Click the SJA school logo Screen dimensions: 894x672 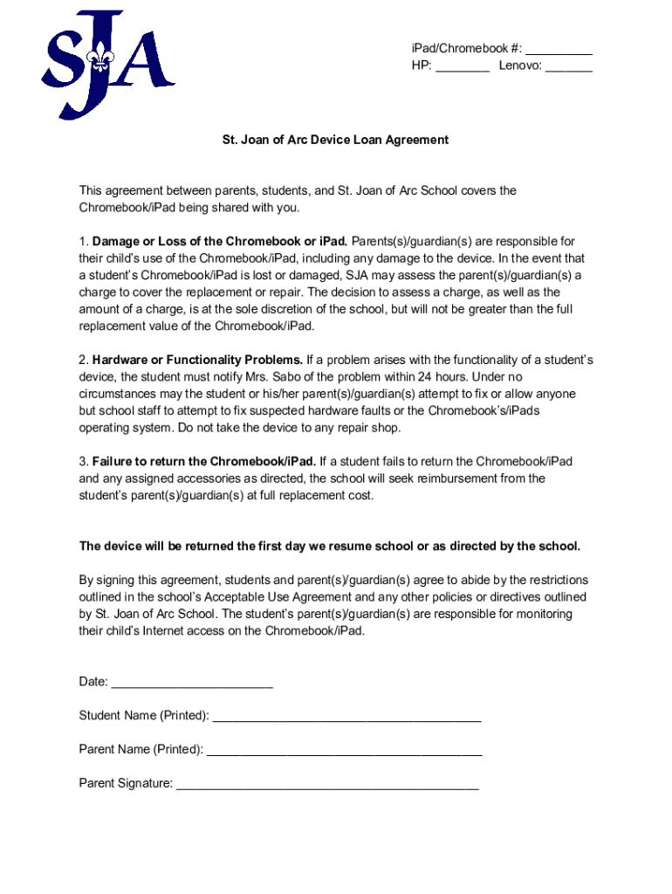point(106,65)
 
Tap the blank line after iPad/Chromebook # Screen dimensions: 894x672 point(559,51)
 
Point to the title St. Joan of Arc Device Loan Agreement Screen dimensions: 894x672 point(335,140)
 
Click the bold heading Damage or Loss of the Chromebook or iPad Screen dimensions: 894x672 point(220,241)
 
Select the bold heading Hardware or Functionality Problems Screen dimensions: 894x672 point(197,360)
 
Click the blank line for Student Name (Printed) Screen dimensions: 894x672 point(346,718)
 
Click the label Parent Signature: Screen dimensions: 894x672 point(126,783)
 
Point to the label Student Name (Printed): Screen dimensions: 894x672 point(144,716)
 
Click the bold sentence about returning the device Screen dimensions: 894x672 point(329,547)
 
